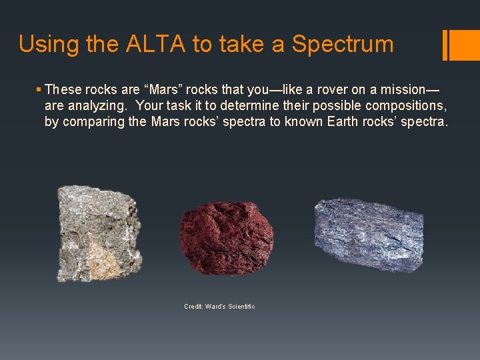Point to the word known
coord(303,122)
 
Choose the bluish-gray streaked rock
coord(368,233)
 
